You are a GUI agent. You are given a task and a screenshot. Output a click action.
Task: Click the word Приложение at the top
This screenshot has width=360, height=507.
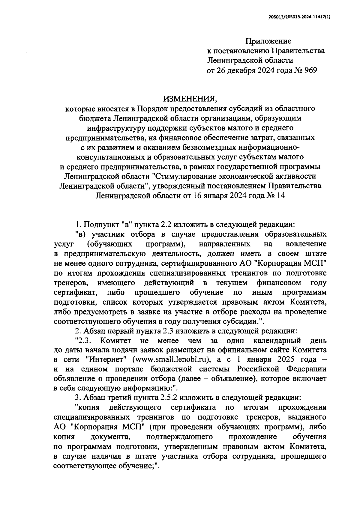click(268, 41)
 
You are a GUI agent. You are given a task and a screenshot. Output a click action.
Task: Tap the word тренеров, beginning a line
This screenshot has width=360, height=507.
click(71, 282)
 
